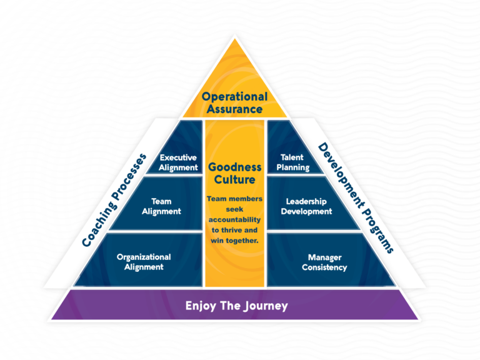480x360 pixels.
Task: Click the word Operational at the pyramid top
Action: [234, 97]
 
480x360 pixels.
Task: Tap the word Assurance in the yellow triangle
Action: [234, 109]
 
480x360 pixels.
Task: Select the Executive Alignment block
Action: [178, 162]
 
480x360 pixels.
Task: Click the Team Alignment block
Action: [161, 206]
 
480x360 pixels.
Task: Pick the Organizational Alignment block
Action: [144, 262]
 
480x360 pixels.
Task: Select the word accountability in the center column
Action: [234, 219]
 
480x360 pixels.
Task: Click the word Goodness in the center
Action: [234, 167]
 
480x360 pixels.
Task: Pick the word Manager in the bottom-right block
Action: [324, 257]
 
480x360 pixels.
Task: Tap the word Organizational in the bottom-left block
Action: [144, 257]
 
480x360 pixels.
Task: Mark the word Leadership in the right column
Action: [306, 201]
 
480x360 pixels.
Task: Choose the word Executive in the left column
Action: [179, 158]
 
